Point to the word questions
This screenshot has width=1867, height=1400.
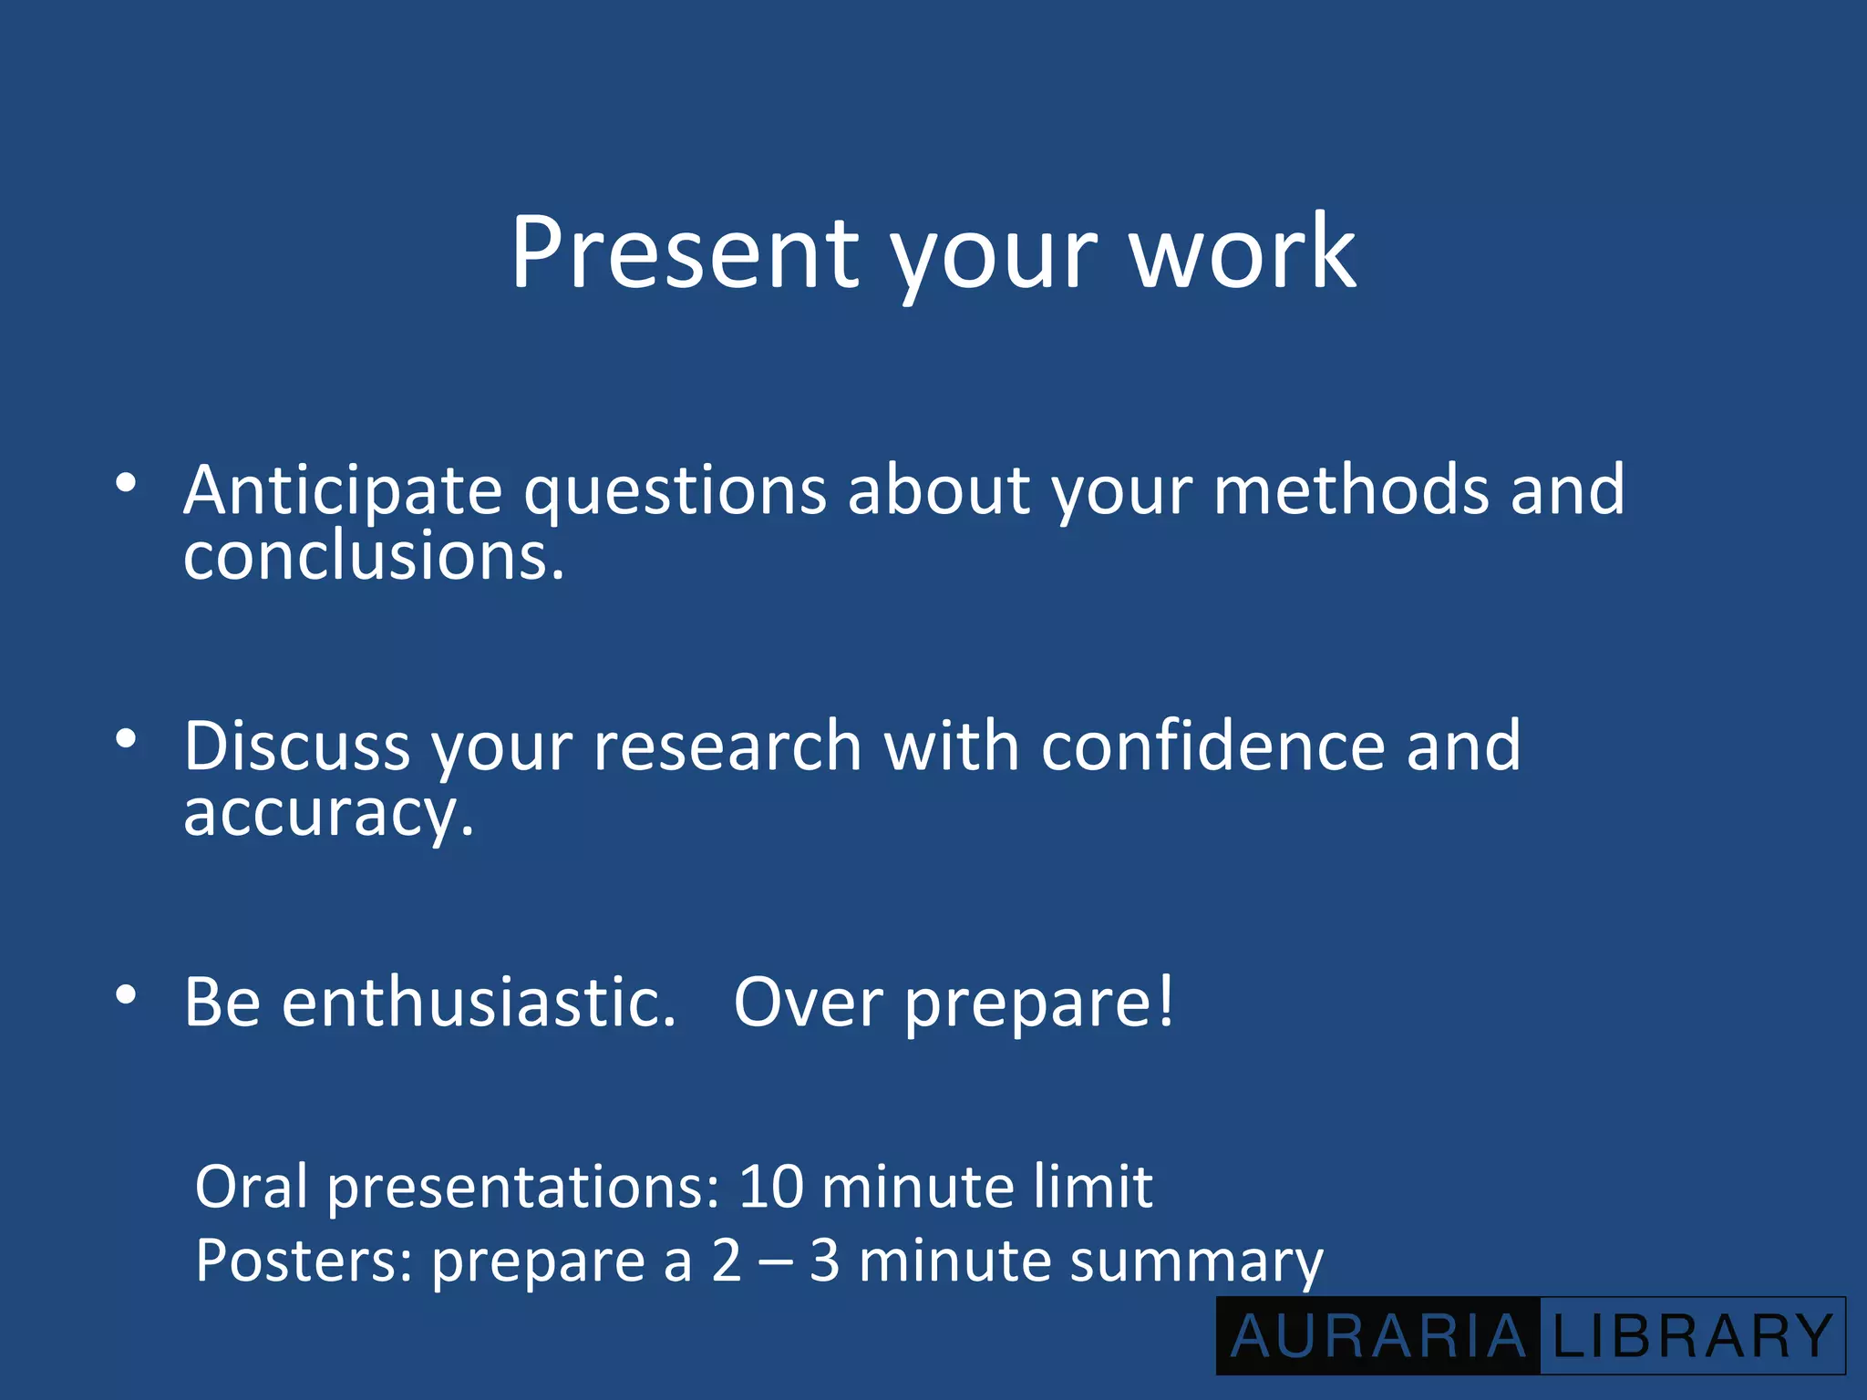tap(675, 492)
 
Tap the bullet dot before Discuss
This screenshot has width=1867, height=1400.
tap(127, 737)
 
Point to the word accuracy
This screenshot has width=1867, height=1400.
tap(328, 813)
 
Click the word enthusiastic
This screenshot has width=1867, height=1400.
tap(479, 1003)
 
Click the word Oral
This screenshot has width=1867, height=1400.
tap(252, 1187)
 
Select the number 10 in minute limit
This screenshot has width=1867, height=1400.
tap(771, 1187)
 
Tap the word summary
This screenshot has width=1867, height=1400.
tap(1196, 1262)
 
